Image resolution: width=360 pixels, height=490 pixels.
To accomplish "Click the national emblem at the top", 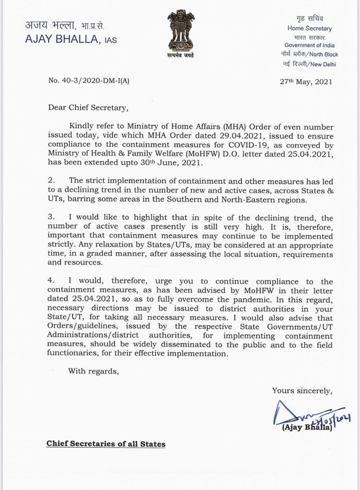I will pos(180,32).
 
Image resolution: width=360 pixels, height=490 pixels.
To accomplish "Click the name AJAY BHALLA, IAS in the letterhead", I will pos(70,40).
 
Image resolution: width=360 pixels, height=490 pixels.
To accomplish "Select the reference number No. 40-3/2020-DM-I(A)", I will pos(89,80).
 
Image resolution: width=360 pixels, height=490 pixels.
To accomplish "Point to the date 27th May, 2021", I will pos(306,81).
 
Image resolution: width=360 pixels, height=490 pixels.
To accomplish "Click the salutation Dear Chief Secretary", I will pos(88,108).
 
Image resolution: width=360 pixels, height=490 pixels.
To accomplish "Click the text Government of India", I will pos(308,45).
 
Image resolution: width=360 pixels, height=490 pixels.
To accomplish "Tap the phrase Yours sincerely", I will pos(302,390).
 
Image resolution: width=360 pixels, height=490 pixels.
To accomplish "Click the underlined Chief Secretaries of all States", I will pos(106,444).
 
